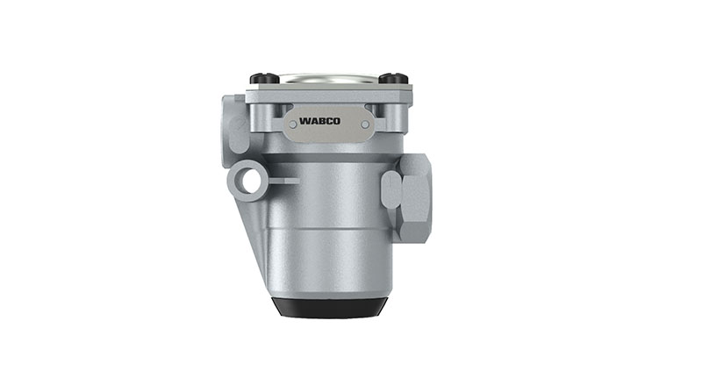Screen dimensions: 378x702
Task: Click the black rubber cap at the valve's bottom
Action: tap(326, 306)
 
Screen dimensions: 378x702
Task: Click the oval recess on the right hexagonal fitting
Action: tap(390, 186)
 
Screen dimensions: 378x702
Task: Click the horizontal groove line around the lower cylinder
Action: tap(326, 227)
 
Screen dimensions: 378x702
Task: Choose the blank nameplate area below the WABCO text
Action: tap(324, 132)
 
